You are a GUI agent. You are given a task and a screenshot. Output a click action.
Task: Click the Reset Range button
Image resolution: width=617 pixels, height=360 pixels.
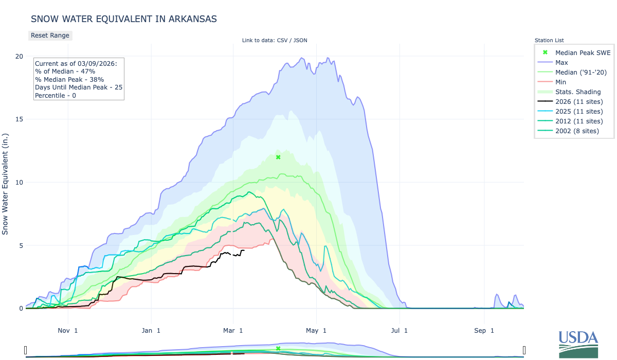(50, 35)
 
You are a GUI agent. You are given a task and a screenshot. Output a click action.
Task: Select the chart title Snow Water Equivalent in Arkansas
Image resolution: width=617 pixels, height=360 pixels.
(124, 19)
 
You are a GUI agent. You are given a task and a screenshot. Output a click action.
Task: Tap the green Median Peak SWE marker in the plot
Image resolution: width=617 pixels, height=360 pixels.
(278, 157)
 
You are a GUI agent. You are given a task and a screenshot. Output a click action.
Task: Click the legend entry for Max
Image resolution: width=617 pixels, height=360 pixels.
(562, 62)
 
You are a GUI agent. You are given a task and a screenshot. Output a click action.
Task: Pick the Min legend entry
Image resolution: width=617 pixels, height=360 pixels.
(561, 82)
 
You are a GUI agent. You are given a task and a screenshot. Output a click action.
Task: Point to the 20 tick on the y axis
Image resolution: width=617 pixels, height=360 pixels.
(19, 56)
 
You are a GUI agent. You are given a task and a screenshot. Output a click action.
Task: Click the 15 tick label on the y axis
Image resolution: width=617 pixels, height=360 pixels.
(19, 119)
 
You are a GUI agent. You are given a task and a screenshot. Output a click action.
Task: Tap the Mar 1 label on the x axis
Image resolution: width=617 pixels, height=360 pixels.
(234, 331)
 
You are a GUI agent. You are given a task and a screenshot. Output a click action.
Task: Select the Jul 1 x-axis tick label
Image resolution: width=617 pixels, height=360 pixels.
(399, 331)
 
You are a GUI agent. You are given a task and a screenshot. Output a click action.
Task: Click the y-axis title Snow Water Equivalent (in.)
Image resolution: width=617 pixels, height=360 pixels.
(6, 182)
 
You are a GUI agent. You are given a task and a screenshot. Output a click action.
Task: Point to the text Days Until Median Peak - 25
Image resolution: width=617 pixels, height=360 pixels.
(78, 87)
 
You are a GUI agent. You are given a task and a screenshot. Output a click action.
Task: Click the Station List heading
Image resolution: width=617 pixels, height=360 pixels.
(549, 40)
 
